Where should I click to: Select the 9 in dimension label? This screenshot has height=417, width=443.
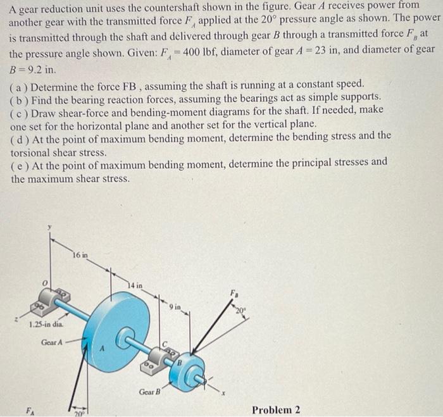click(175, 308)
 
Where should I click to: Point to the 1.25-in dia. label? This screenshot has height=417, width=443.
click(46, 325)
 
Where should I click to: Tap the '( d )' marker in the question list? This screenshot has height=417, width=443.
click(19, 135)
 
